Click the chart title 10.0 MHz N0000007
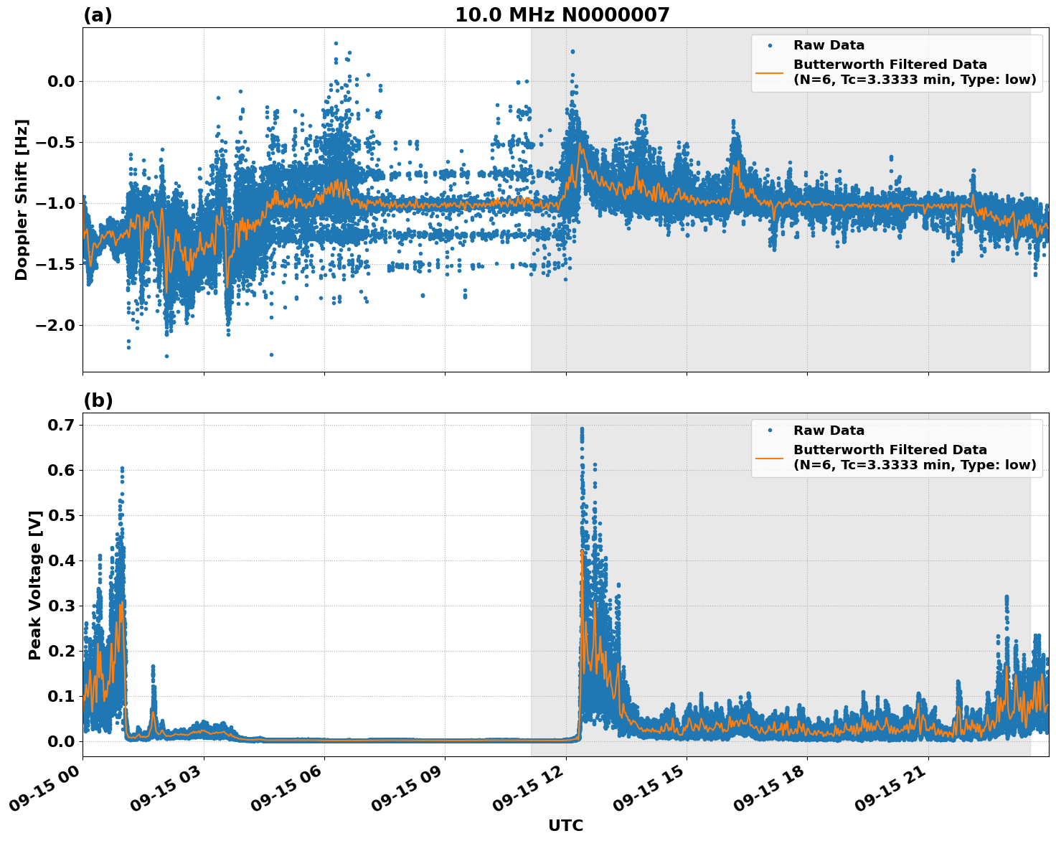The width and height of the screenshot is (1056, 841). (x=562, y=15)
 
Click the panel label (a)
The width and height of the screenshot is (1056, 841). (x=98, y=15)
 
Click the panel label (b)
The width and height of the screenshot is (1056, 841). (x=98, y=400)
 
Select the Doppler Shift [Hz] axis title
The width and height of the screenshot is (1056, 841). (x=22, y=199)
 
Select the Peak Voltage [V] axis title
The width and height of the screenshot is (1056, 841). (x=35, y=585)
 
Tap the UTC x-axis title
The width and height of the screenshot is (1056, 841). (x=565, y=825)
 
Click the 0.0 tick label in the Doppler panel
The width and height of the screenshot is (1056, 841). (x=61, y=82)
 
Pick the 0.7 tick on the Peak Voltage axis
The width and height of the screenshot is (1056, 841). (x=61, y=426)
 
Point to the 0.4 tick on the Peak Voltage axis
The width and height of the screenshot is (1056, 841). (x=61, y=561)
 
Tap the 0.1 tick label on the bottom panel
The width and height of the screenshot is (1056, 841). (x=61, y=697)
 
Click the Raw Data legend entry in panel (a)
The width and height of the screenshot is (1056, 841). (x=829, y=45)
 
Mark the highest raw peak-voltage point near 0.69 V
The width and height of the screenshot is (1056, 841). (x=582, y=429)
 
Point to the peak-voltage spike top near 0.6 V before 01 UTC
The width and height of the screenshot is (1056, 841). (x=122, y=469)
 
